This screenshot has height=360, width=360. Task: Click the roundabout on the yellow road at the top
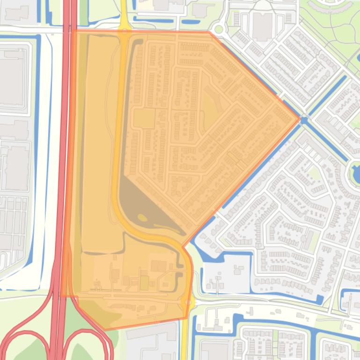coord(125,32)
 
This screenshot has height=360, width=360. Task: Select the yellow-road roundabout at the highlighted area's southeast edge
coord(188,302)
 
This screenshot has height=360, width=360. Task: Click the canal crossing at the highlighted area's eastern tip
coord(304,121)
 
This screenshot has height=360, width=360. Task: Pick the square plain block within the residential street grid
coord(145,118)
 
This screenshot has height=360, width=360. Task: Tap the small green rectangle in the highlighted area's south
coord(145,282)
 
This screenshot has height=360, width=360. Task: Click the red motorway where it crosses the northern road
coord(69,31)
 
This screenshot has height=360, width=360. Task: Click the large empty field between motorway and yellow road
coord(100,140)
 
